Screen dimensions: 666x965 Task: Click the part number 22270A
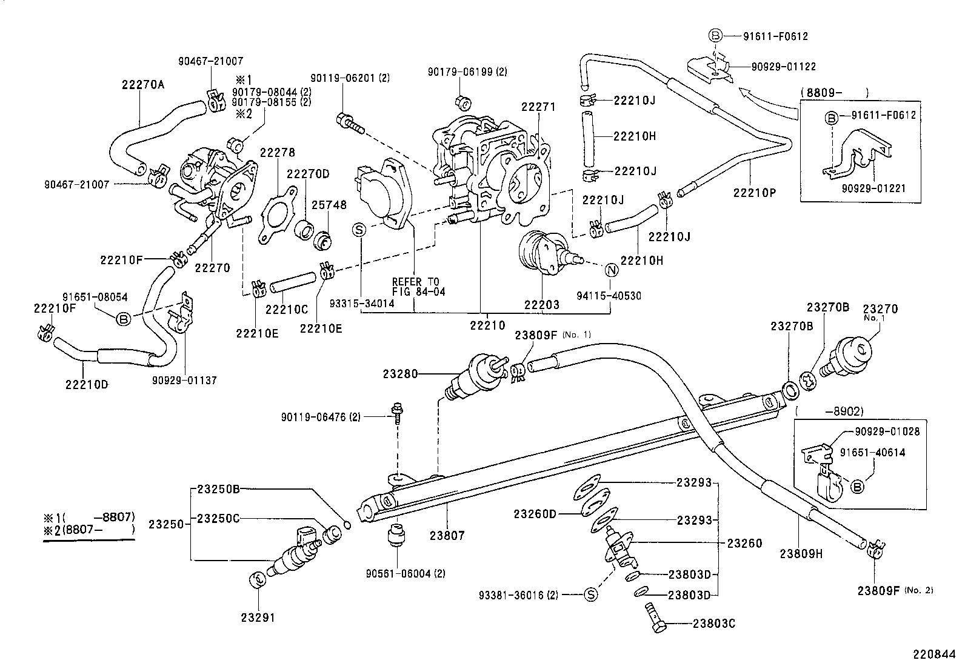tap(143, 85)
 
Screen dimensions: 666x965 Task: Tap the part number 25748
tap(329, 205)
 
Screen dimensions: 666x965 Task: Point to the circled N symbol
tap(610, 270)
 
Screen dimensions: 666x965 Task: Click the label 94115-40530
tap(609, 296)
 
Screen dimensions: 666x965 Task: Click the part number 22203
tap(542, 305)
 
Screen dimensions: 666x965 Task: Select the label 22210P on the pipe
tap(754, 193)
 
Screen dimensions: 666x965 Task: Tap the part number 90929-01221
tap(873, 188)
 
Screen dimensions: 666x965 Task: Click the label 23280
tap(400, 374)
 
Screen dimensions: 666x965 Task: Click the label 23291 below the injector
tap(258, 618)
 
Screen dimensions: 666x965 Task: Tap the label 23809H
tap(801, 553)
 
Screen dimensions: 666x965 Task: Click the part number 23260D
tap(535, 514)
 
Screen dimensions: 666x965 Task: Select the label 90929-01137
tap(184, 380)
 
